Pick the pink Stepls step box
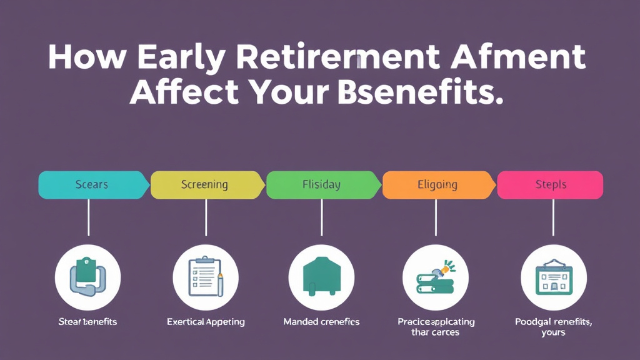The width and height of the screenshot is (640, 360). (550, 185)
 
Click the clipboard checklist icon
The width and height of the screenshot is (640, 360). (203, 277)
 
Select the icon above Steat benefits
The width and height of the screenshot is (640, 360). (87, 277)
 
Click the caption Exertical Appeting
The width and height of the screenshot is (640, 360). (206, 322)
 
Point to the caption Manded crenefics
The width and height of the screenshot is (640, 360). (321, 322)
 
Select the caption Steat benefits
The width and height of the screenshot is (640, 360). (87, 322)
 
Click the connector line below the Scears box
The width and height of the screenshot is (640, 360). (89, 217)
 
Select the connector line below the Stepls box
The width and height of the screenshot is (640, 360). (552, 217)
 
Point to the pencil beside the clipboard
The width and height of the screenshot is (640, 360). (221, 284)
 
